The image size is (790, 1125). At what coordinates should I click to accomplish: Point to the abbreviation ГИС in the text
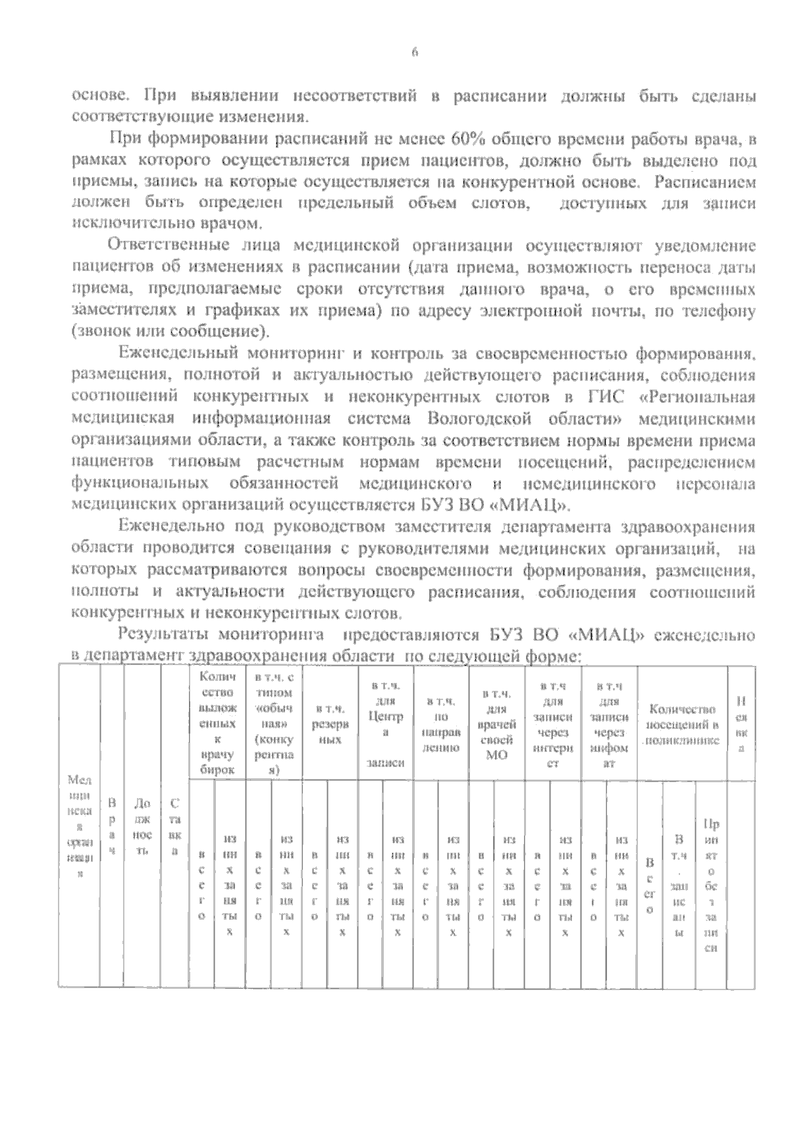tap(599, 397)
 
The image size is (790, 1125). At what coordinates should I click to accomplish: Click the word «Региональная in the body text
tap(698, 397)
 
